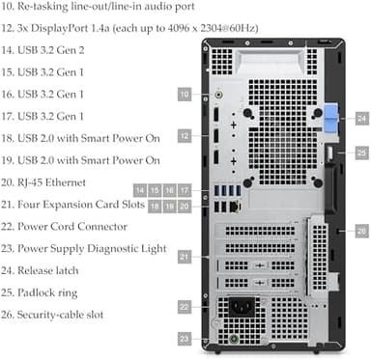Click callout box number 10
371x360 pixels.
[x=185, y=94]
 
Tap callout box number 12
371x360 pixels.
[x=185, y=137]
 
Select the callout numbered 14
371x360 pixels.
[x=140, y=189]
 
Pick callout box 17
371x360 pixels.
[x=185, y=189]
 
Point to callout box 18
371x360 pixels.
[x=155, y=206]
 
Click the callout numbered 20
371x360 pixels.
[x=185, y=206]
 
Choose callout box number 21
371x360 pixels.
[x=185, y=258]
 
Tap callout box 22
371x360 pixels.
[x=185, y=307]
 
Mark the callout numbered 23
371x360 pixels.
[x=185, y=339]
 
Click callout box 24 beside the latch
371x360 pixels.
[x=360, y=118]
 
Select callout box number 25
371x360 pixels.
[x=360, y=152]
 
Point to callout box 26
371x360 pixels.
[x=360, y=231]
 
